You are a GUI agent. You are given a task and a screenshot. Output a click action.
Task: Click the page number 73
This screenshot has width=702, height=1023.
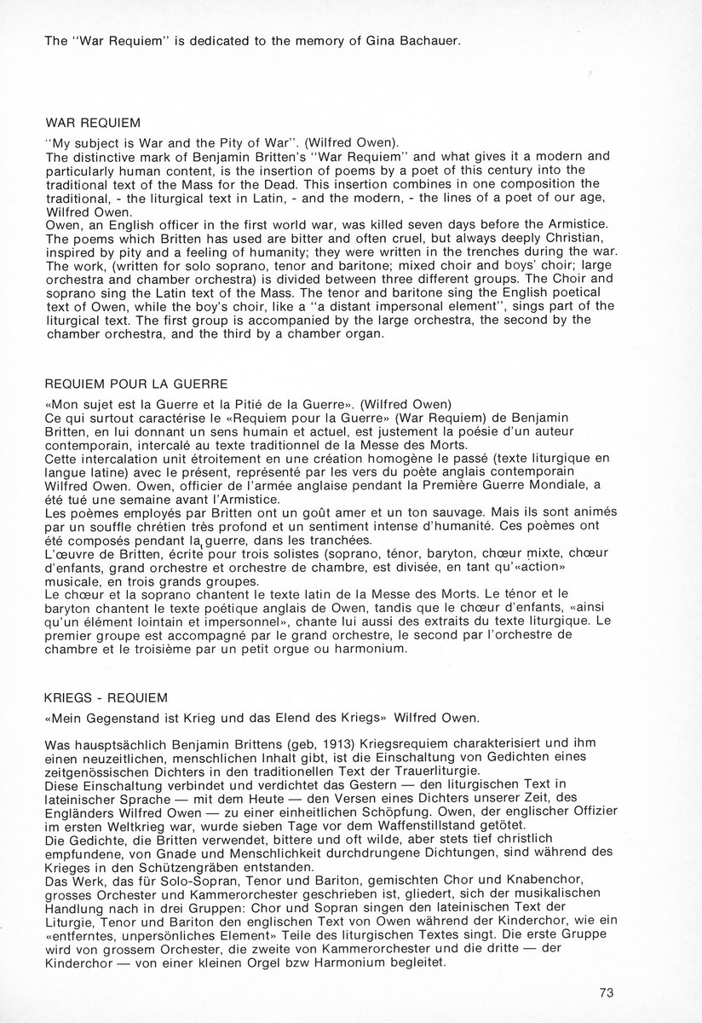(x=607, y=992)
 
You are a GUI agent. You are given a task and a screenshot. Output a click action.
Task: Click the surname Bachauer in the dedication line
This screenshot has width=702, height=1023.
(x=424, y=41)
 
